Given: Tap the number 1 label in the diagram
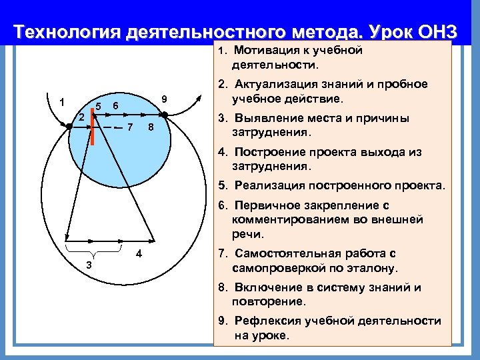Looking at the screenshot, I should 61,103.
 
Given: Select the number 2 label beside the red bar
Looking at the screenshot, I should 81,117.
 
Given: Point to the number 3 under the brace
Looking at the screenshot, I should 89,266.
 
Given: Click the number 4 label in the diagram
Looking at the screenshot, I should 138,253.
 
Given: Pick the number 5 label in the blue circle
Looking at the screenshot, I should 98,107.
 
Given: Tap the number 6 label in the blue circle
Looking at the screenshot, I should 115,107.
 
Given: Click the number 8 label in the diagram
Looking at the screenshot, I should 151,127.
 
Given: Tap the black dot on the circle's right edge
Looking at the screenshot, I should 165,114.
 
